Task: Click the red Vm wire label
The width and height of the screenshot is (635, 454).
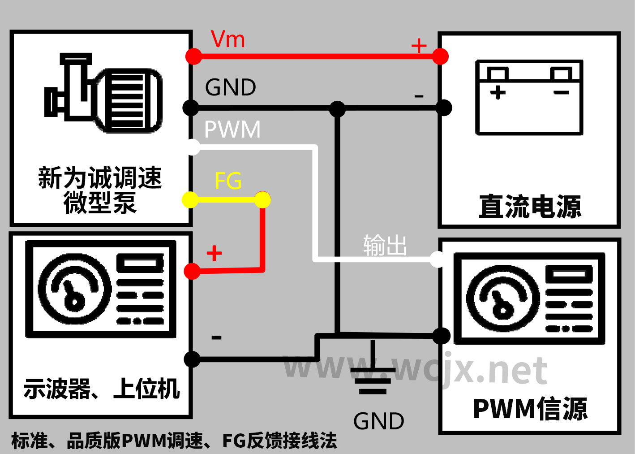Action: [x=228, y=39]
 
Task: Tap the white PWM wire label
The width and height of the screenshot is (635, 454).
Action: [x=232, y=130]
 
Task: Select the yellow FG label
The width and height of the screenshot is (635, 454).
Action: [x=228, y=181]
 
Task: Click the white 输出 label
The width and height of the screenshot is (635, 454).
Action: [x=385, y=245]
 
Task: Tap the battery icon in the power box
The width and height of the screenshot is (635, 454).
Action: [x=529, y=97]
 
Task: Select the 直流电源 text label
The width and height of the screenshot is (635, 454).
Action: [x=530, y=207]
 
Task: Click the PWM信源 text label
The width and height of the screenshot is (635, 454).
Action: [x=530, y=409]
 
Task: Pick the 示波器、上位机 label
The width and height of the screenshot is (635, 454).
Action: [x=101, y=389]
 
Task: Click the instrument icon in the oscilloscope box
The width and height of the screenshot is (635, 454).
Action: [x=101, y=289]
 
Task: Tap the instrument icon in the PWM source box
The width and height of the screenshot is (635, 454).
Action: [x=529, y=298]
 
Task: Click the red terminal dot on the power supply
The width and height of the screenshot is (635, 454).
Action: [x=440, y=56]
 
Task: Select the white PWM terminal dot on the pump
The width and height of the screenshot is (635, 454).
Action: [x=193, y=147]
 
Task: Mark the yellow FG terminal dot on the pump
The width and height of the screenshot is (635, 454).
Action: [x=190, y=199]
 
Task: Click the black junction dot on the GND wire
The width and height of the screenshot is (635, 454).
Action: [x=337, y=108]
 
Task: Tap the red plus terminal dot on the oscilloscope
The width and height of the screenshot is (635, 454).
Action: [x=192, y=271]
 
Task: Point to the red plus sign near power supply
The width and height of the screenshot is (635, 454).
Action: [x=419, y=46]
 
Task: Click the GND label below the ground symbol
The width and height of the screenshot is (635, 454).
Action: [x=378, y=421]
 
